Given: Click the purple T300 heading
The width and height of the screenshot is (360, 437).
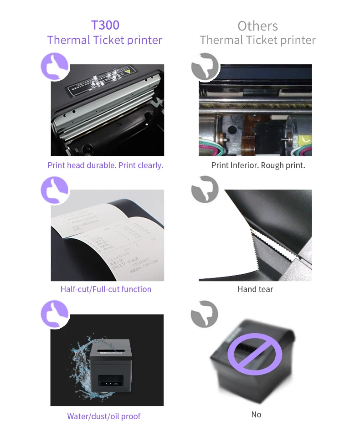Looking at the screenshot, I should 105,25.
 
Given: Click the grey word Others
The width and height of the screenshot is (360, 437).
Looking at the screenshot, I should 257,26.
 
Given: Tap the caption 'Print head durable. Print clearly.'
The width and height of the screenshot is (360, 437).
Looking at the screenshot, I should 105,165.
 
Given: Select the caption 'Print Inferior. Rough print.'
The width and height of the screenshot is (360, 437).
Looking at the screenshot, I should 258,165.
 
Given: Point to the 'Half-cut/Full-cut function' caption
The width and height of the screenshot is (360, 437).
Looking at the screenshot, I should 106,289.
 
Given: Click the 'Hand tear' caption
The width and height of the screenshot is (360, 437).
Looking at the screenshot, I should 255,289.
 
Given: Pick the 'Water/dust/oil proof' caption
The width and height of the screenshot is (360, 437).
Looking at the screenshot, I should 104,416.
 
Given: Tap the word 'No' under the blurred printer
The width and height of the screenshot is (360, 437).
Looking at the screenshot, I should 256,414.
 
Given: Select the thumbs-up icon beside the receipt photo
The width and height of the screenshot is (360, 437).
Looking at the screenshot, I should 55,190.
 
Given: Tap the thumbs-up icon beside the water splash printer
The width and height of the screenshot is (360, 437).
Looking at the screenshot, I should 55,314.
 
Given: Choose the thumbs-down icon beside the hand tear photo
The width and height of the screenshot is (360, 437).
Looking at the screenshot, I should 205,190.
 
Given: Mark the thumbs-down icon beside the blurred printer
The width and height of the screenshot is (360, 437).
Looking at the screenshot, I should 205,314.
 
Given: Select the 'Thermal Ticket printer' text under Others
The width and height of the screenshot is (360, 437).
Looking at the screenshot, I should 257,40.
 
